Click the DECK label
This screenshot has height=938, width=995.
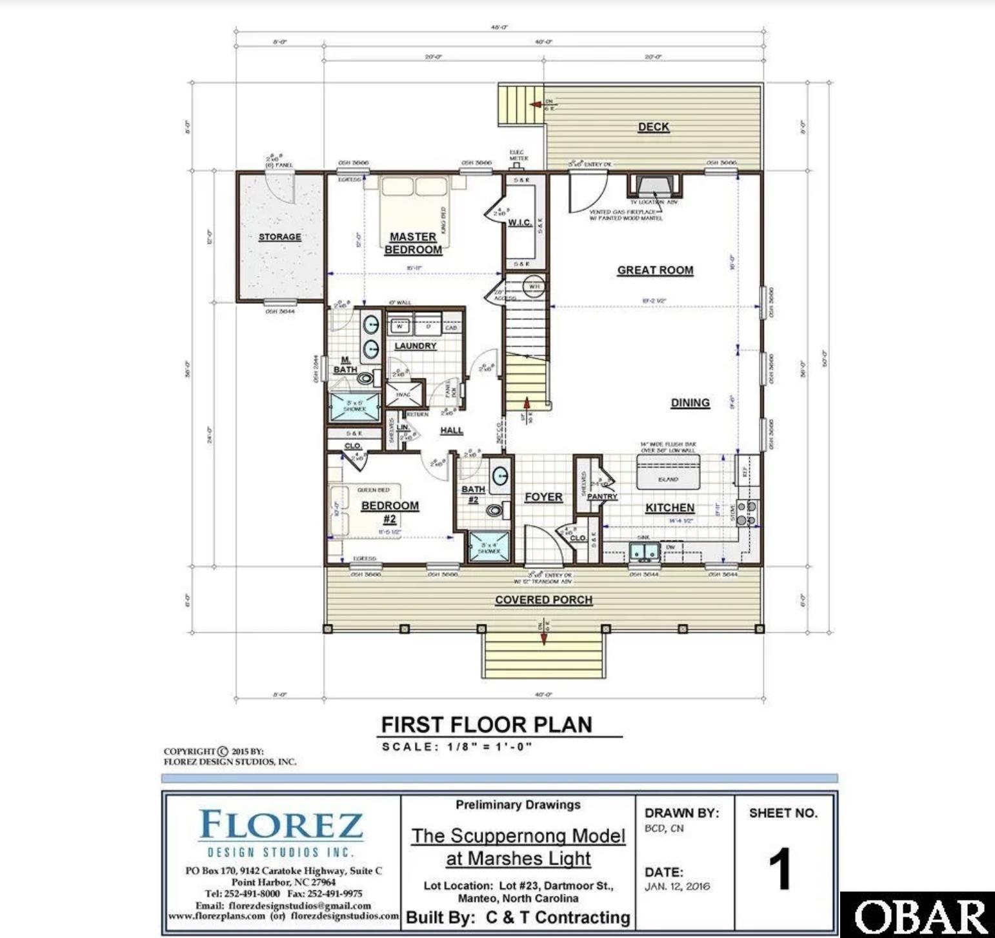click(x=653, y=127)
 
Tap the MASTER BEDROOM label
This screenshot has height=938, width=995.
click(x=413, y=243)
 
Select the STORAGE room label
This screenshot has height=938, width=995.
click(x=279, y=237)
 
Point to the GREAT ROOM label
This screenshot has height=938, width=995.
click(x=655, y=270)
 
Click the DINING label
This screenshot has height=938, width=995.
click(x=690, y=403)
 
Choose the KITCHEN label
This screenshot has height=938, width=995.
click(x=670, y=508)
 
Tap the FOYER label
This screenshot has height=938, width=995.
click(x=543, y=497)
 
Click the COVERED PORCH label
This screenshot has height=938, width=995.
click(x=543, y=600)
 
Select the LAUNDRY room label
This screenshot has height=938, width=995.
click(x=416, y=346)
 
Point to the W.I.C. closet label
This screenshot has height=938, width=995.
click(x=519, y=223)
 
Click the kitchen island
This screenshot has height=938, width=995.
click(x=668, y=474)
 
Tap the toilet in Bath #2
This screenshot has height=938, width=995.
click(x=495, y=510)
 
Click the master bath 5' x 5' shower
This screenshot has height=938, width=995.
click(x=354, y=406)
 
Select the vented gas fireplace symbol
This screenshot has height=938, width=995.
click(x=654, y=186)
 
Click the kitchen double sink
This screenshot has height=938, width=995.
click(x=643, y=552)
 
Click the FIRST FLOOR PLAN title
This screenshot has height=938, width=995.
click(x=487, y=724)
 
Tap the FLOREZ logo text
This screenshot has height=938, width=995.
click(x=281, y=825)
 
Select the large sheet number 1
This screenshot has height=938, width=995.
click(x=780, y=868)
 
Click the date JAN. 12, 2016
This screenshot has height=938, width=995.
click(x=677, y=886)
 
